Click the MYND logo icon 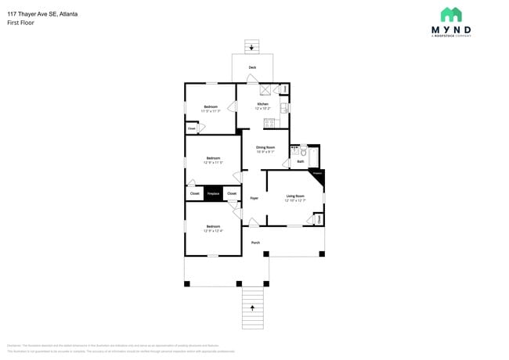coord(450,15)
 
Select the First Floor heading coord(20,23)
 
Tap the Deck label coord(252,67)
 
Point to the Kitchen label coord(263,105)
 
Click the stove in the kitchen coord(269,122)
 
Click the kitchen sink coord(284,108)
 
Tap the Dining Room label coord(265,149)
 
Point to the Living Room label coord(295,197)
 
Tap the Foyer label coord(254,198)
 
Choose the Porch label coord(255,243)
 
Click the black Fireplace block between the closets coord(213,193)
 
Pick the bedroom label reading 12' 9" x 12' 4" coord(213,229)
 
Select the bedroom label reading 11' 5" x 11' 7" coord(211,109)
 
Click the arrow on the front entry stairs coord(252,308)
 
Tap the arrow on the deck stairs coord(251,49)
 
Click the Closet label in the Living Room coord(319,220)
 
